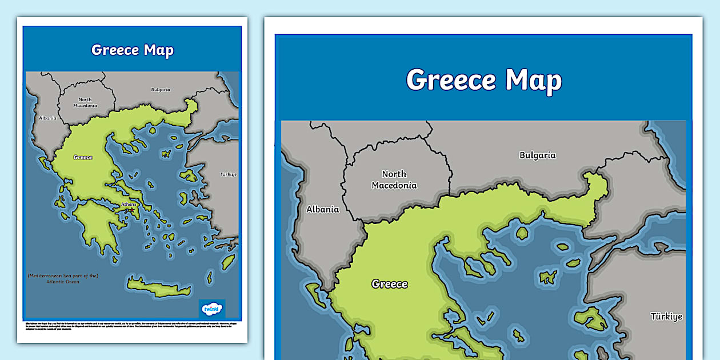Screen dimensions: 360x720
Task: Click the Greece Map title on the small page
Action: (132, 50)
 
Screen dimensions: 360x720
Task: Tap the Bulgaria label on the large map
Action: (537, 155)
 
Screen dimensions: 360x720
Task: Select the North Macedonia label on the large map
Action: (394, 179)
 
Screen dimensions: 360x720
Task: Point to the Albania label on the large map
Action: (322, 209)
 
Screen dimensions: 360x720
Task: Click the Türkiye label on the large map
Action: (666, 316)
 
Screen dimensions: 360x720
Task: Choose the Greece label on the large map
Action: (390, 284)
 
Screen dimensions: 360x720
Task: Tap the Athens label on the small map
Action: (129, 204)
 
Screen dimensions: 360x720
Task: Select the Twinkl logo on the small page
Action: (212, 309)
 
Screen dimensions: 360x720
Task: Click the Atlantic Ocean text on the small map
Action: (63, 282)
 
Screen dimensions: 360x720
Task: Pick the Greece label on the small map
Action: (83, 157)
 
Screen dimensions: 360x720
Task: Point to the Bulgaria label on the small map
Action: (161, 90)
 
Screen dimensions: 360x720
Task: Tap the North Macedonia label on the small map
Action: (85, 102)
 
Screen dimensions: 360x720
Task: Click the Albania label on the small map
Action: (48, 118)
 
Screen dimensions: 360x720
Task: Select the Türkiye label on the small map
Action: (229, 174)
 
